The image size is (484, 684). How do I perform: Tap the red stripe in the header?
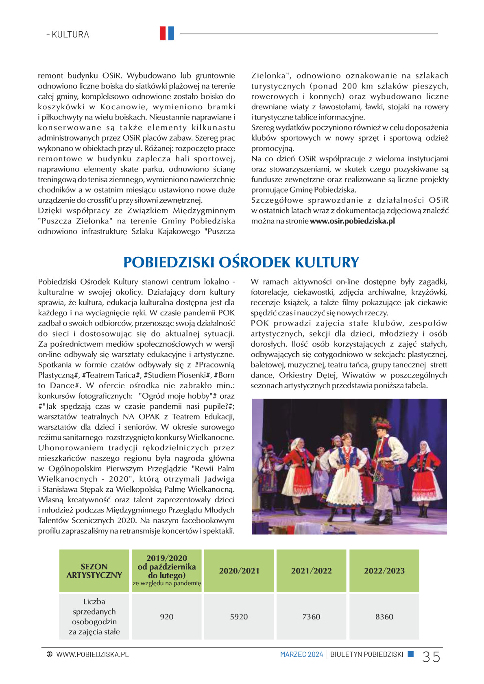coord(163,33)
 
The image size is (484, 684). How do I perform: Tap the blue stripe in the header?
coord(171,33)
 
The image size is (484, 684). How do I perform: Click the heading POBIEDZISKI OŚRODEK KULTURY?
coord(241,262)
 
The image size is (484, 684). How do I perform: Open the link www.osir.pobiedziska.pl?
coord(352,221)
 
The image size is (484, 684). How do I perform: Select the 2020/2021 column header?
coord(239,571)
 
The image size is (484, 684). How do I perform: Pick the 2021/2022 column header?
coord(311,571)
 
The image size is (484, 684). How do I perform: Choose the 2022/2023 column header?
coord(384,571)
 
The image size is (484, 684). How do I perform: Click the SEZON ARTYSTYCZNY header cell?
coord(94,571)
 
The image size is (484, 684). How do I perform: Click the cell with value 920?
coord(166,617)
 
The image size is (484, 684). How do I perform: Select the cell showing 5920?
coord(239,617)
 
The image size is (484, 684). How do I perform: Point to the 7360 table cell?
coord(311,617)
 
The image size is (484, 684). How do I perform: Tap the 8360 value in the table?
coord(384,617)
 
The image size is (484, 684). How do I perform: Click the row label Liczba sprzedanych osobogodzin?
coord(94,617)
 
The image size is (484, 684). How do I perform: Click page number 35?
coord(431,657)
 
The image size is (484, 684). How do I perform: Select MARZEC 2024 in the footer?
coord(301,654)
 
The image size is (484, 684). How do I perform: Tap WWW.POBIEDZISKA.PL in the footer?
coord(92,654)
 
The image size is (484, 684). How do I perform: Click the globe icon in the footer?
coord(50,654)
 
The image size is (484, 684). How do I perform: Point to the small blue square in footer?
coord(411,654)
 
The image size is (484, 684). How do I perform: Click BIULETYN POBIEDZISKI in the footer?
coord(366,654)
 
